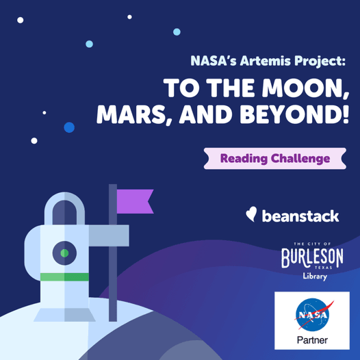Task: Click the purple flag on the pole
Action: coord(134,200)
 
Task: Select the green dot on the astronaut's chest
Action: coord(64,253)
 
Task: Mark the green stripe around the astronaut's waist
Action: coord(64,277)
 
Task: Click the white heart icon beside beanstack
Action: coord(251,214)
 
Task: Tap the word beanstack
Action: coord(301,216)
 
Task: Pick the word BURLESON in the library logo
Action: coord(313,259)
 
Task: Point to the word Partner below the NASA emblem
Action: coord(312,339)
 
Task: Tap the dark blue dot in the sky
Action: coord(69,127)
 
